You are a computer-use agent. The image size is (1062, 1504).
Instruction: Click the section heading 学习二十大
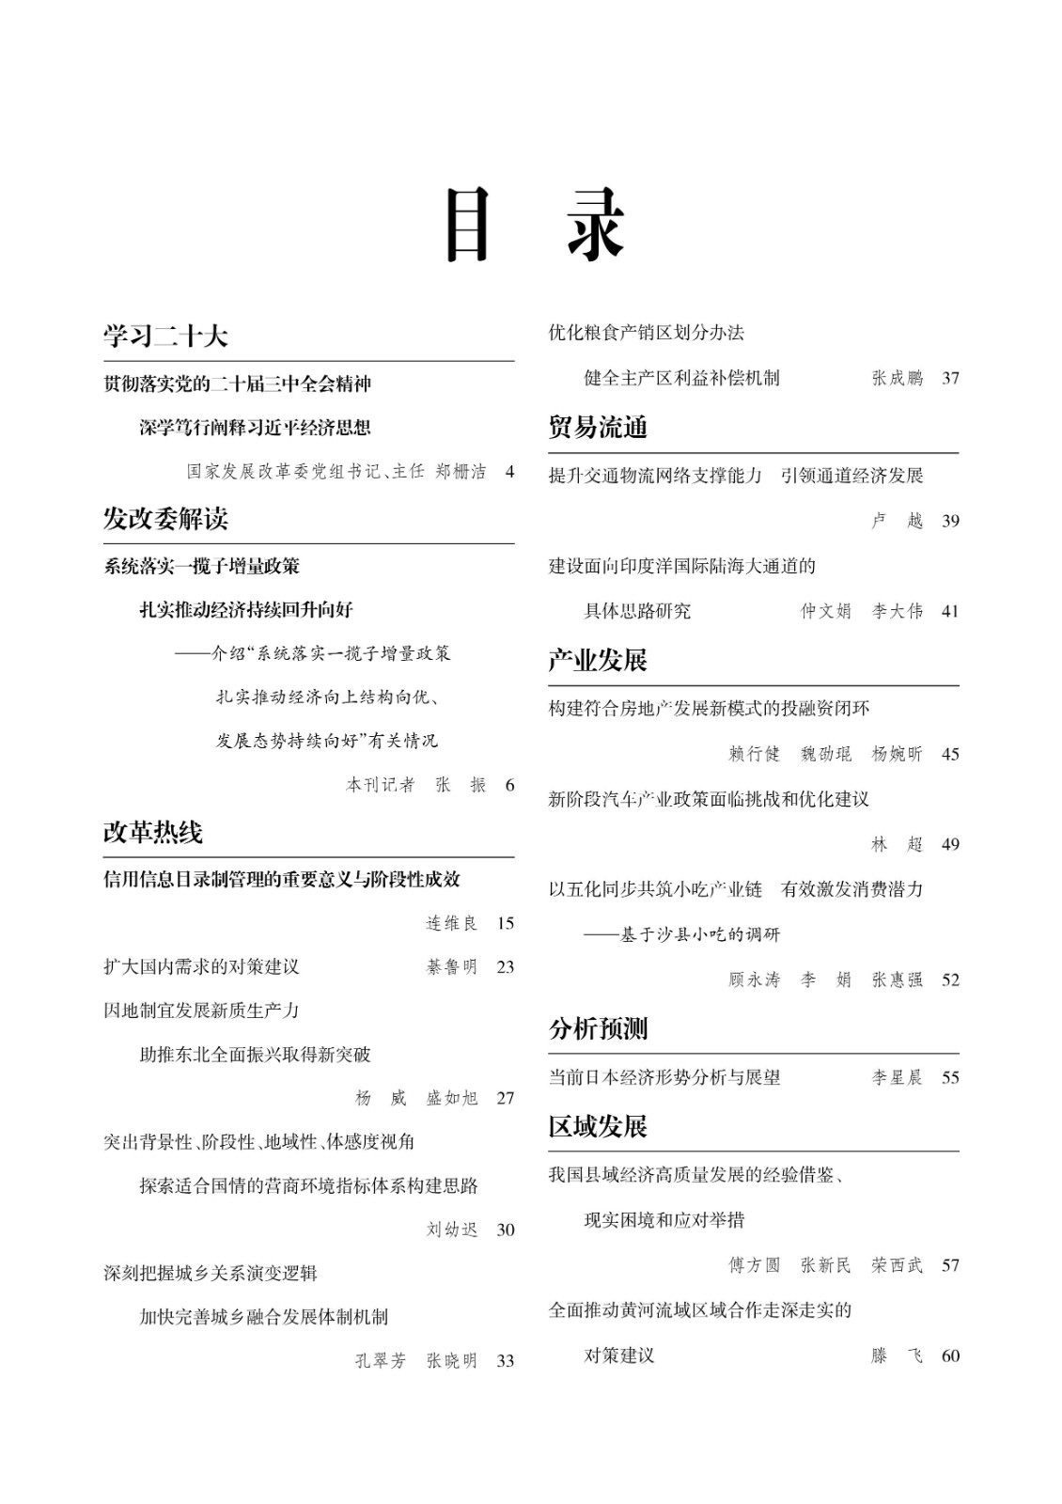[165, 337]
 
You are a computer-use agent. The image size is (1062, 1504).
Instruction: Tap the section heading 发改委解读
[165, 518]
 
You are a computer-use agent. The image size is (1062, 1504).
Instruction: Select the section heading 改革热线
[152, 832]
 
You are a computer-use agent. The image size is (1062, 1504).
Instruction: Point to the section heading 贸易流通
[598, 428]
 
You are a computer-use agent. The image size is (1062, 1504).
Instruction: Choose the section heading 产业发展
[598, 660]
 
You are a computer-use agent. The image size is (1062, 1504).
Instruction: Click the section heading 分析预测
[598, 1028]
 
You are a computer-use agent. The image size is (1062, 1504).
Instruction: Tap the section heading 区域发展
[598, 1126]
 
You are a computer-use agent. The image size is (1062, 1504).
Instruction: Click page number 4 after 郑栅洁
[509, 472]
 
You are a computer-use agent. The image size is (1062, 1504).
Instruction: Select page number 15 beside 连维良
[506, 923]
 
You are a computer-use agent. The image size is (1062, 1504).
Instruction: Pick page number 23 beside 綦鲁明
[506, 966]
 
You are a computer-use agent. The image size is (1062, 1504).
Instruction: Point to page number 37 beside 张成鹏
[950, 378]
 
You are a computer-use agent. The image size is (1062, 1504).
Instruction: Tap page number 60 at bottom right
[950, 1355]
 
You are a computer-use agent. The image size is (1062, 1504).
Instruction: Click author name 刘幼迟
[452, 1230]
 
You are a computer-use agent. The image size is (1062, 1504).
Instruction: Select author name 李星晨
[897, 1077]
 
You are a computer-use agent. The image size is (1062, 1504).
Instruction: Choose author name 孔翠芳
[381, 1360]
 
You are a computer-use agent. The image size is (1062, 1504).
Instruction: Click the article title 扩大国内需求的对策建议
[201, 966]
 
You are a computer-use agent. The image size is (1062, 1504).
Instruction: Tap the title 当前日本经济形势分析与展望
[664, 1077]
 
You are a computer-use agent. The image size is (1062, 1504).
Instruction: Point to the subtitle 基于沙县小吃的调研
[699, 934]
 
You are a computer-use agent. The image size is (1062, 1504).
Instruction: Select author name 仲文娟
[825, 611]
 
